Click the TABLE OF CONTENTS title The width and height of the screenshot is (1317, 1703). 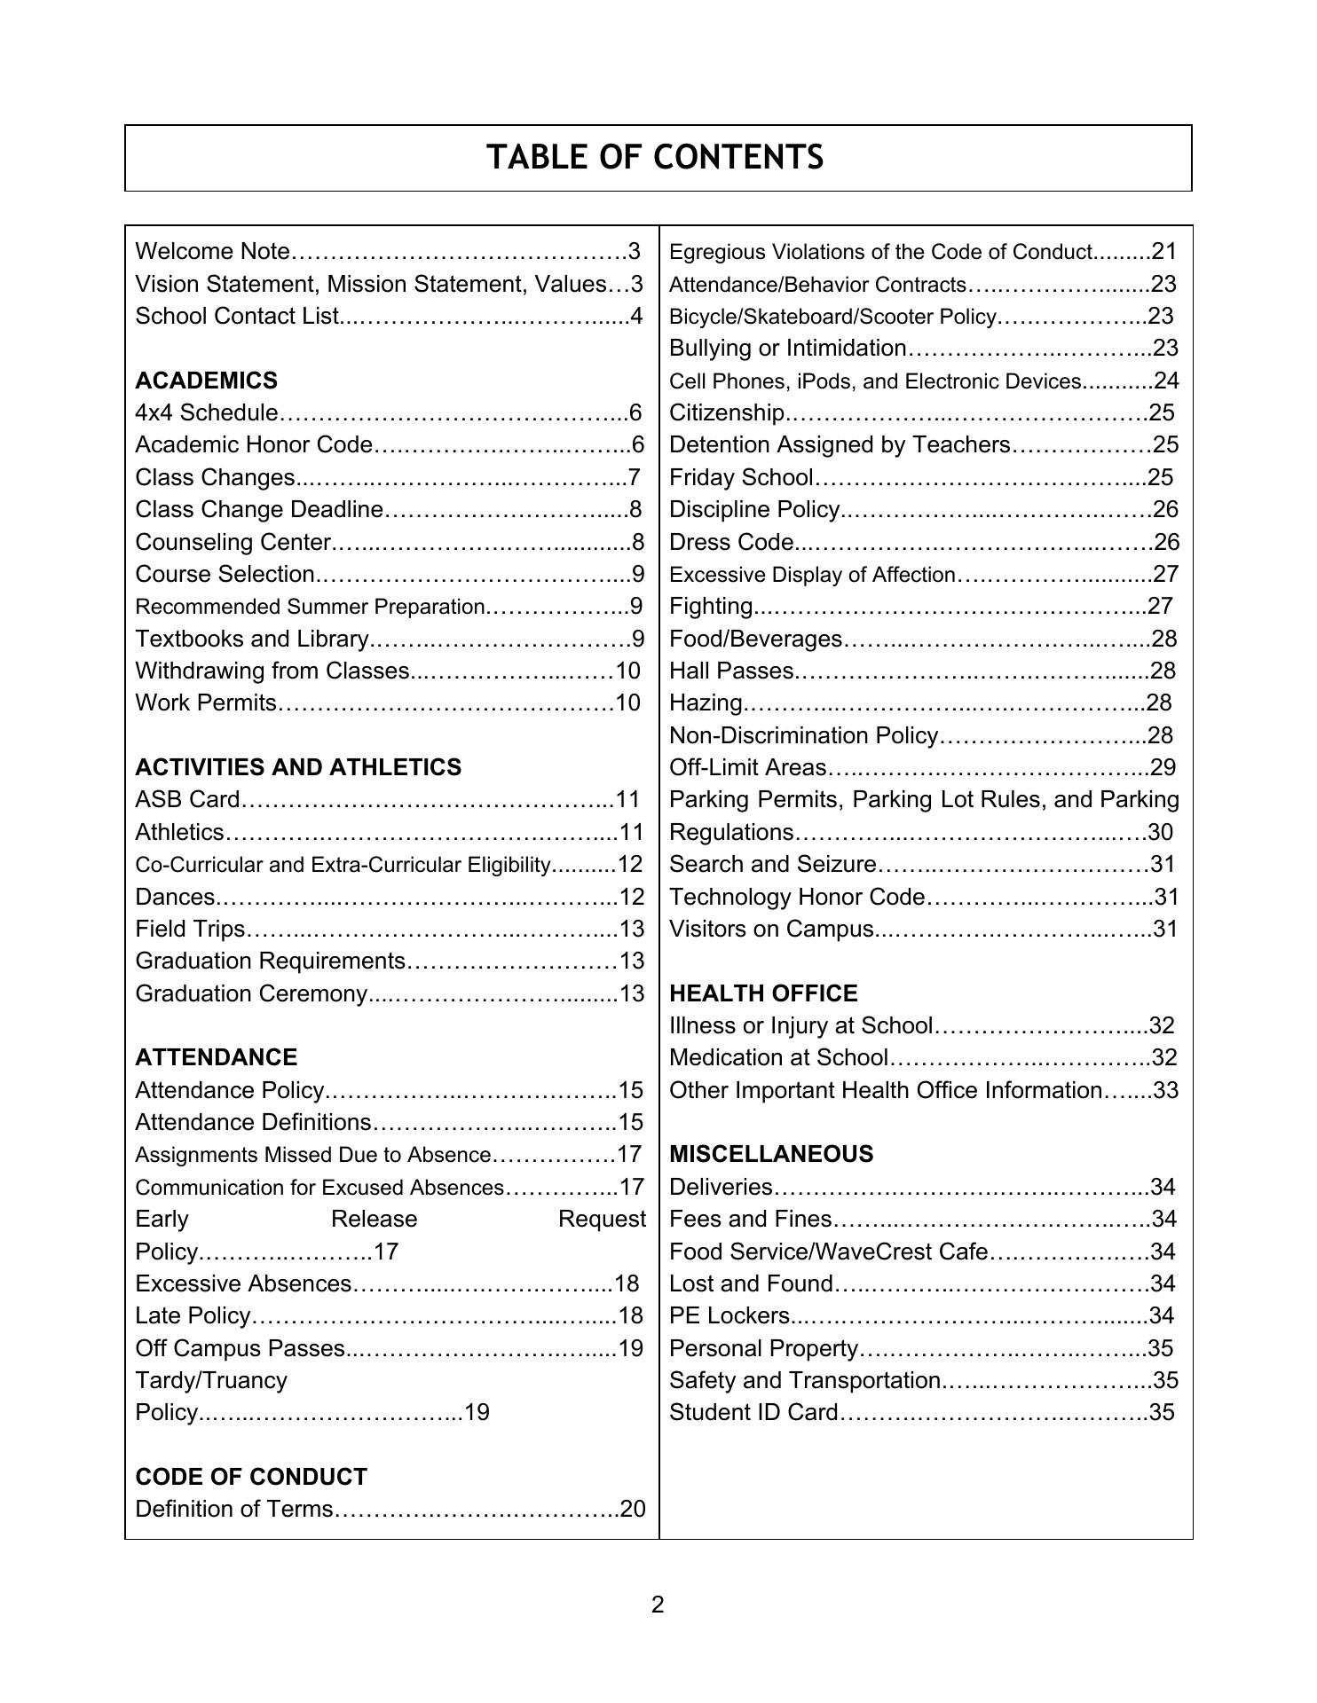[655, 158]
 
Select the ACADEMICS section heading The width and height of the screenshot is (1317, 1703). [206, 381]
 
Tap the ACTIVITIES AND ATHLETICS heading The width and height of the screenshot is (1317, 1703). [298, 767]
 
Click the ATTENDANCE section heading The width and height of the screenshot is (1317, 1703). [216, 1057]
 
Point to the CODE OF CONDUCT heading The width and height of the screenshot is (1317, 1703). [250, 1477]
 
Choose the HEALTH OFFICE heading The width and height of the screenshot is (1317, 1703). [763, 993]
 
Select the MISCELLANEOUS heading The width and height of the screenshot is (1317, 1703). [770, 1154]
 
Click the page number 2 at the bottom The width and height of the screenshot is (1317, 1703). [658, 1605]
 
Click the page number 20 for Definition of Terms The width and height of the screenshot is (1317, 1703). [633, 1509]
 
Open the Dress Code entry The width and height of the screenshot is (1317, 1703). [731, 542]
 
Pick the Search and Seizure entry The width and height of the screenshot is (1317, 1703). [772, 864]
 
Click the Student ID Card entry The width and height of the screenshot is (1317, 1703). [753, 1412]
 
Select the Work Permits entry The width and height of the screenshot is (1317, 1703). [206, 703]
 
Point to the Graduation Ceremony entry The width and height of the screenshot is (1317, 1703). [251, 993]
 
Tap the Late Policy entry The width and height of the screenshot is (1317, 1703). [193, 1315]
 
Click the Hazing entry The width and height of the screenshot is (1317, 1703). [706, 703]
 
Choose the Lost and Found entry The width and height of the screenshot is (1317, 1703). [751, 1283]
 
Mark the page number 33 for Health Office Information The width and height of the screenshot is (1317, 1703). [1165, 1090]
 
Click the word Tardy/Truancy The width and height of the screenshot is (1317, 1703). [211, 1380]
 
